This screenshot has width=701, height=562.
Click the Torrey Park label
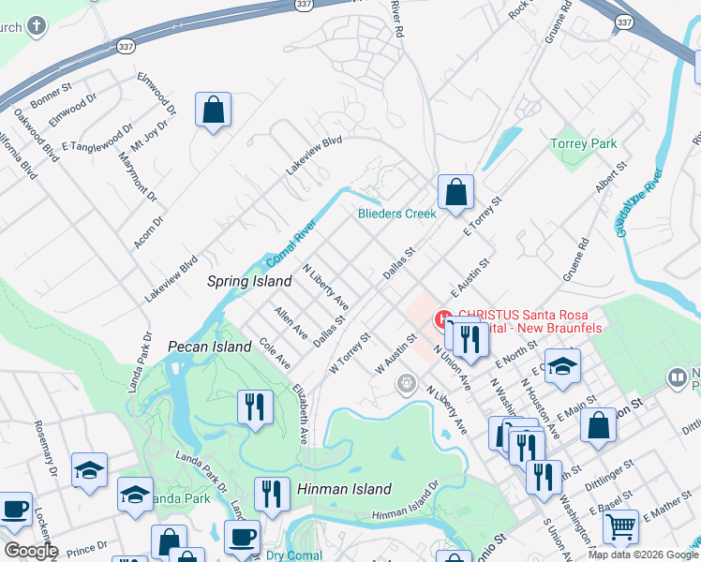point(584,143)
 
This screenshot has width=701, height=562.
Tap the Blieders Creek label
point(397,214)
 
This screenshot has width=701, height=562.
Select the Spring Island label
point(243,280)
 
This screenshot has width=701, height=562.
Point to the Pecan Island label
point(209,347)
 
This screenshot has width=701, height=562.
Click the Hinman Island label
point(344,489)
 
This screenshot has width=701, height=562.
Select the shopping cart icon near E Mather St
point(620,528)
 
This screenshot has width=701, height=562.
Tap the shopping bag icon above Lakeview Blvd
point(214,110)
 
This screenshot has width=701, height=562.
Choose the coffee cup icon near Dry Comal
point(242,538)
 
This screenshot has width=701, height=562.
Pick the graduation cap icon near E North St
point(561,366)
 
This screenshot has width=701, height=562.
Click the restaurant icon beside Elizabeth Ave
point(255,407)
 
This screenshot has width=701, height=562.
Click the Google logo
point(30,551)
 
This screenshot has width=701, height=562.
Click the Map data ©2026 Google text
point(643,555)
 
